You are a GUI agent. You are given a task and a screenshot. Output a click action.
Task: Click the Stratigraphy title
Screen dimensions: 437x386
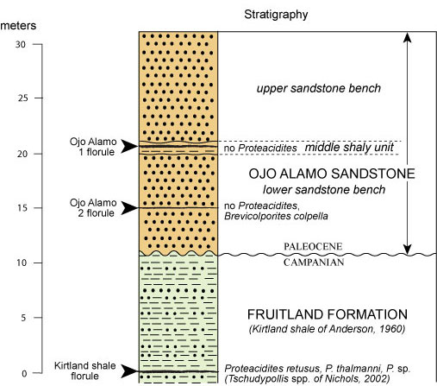(x=276, y=15)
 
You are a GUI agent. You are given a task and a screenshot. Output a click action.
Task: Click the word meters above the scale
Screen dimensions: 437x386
(x=18, y=26)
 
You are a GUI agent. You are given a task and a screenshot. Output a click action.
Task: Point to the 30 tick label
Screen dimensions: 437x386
(x=21, y=44)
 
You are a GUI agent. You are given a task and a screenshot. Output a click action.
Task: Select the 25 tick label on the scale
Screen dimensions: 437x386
(x=23, y=98)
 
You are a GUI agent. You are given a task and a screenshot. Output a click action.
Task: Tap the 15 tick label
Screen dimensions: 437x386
(x=22, y=208)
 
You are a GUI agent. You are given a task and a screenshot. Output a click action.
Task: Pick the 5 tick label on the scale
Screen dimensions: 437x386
(x=24, y=318)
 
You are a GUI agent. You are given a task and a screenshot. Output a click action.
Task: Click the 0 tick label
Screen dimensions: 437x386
(x=24, y=374)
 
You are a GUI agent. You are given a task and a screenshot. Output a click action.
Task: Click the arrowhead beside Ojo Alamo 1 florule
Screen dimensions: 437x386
(x=129, y=146)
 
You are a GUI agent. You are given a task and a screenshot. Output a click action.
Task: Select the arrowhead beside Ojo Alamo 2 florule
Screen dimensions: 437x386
(x=129, y=207)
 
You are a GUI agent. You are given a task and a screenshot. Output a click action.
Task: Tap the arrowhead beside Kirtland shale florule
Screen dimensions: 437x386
(x=129, y=371)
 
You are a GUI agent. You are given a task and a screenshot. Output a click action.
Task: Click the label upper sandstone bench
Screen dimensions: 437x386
(x=319, y=88)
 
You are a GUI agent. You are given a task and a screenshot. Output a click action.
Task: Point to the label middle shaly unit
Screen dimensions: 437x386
(x=349, y=148)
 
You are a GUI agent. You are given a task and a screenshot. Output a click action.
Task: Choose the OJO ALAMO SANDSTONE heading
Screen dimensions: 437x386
(x=332, y=174)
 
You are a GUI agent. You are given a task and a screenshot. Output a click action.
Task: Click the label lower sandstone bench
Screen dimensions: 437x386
(x=324, y=190)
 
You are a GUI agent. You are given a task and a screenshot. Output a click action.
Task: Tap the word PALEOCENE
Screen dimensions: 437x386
(x=313, y=246)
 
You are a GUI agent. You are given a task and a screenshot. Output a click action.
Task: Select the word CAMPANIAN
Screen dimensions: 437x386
(x=314, y=263)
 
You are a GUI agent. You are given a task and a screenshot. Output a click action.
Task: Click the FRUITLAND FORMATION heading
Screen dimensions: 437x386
(x=328, y=314)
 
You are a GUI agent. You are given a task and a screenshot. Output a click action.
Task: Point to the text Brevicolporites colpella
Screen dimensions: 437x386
(x=276, y=216)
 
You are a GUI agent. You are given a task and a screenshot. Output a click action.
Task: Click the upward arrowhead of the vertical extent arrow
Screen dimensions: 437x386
(x=407, y=37)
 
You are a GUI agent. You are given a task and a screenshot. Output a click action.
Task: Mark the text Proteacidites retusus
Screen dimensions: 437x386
(x=272, y=369)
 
